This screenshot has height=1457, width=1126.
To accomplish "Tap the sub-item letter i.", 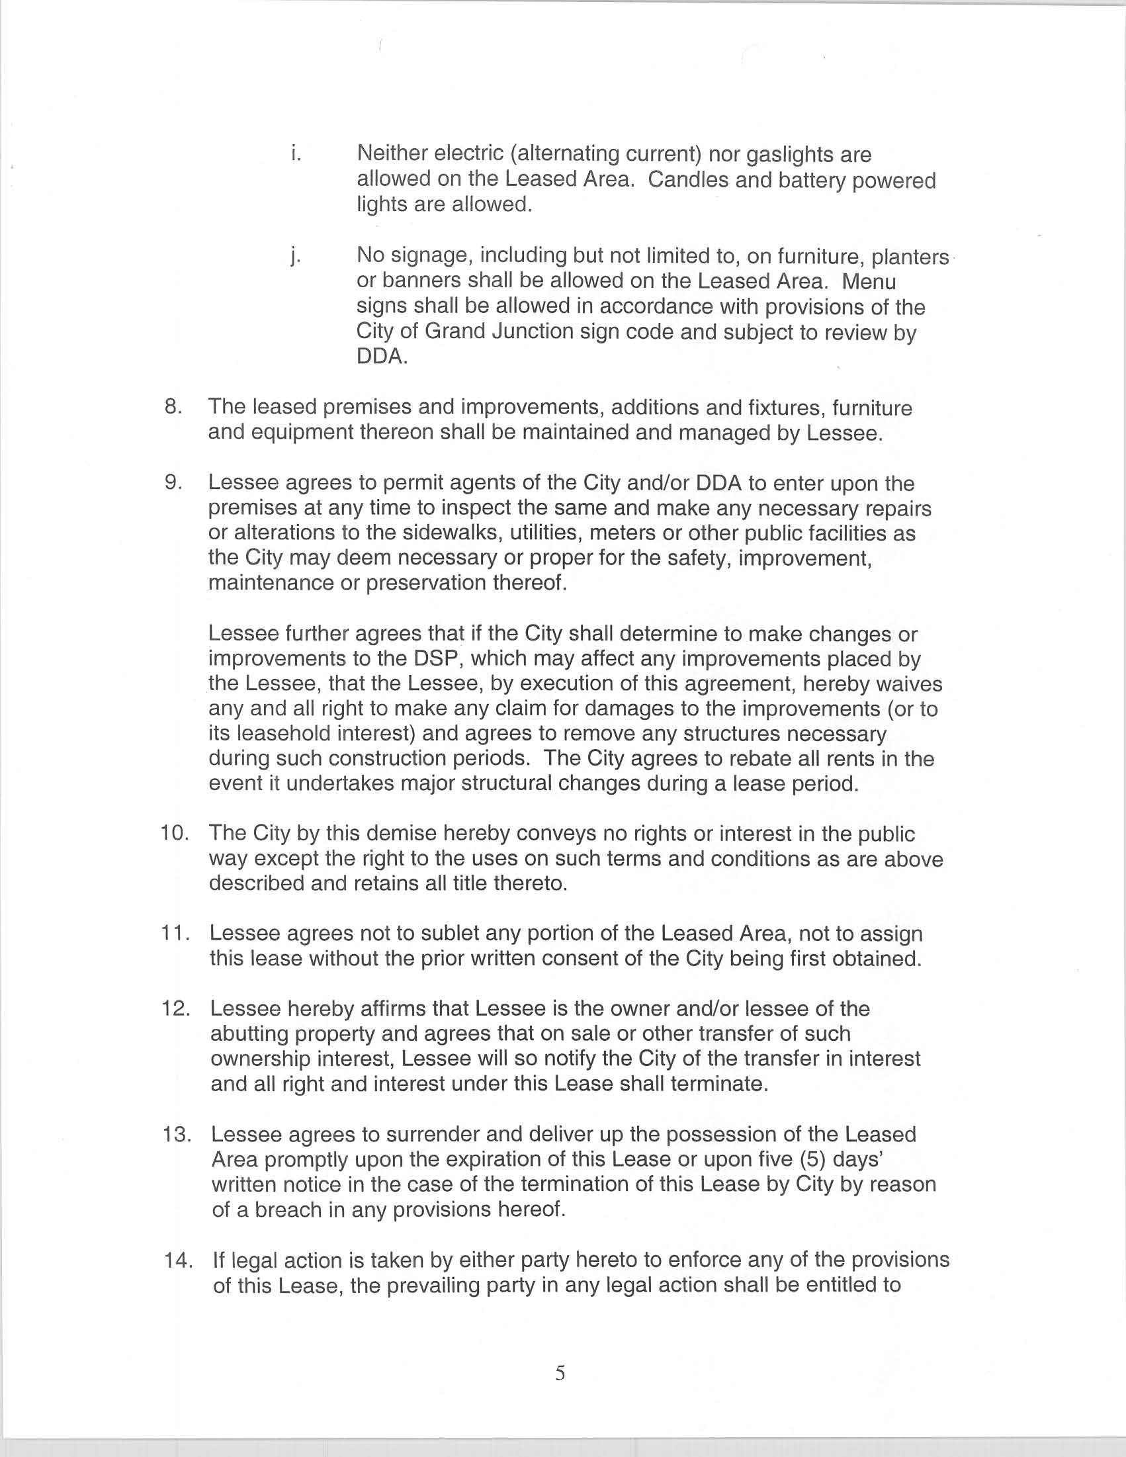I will (296, 154).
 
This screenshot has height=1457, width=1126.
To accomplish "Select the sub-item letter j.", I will (294, 256).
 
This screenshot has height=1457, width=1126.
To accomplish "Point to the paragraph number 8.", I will (173, 406).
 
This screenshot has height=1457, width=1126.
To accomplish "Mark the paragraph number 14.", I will (176, 1260).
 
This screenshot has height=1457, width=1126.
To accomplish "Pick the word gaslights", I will (789, 155).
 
